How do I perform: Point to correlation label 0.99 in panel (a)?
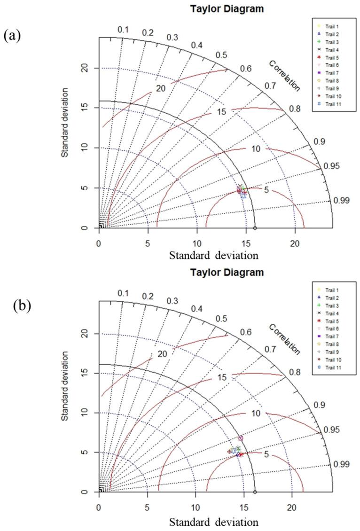(342, 201)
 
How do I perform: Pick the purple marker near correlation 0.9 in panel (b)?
(241, 438)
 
